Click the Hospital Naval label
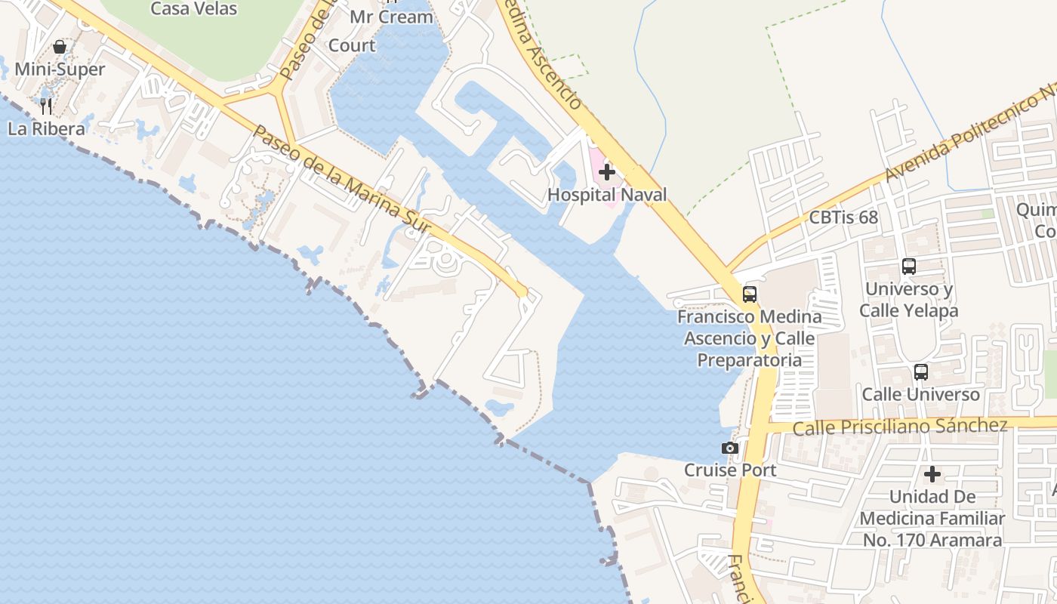click(x=607, y=194)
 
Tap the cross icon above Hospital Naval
click(x=606, y=172)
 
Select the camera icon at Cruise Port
click(x=729, y=448)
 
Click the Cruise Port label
click(x=729, y=470)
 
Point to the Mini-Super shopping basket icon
click(x=60, y=47)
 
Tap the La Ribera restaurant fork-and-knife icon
click(x=46, y=106)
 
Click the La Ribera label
click(x=46, y=128)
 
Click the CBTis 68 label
click(x=843, y=217)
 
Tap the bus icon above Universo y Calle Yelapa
click(x=909, y=266)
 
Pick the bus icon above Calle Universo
click(x=921, y=371)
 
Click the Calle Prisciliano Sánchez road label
click(x=899, y=427)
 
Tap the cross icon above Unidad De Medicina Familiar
click(x=932, y=474)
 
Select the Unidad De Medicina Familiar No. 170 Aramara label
click(x=932, y=519)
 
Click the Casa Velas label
click(x=193, y=9)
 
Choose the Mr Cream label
click(x=391, y=17)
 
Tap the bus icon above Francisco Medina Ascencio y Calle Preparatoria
click(x=749, y=294)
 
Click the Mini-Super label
click(x=60, y=69)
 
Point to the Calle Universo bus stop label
click(x=921, y=394)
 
